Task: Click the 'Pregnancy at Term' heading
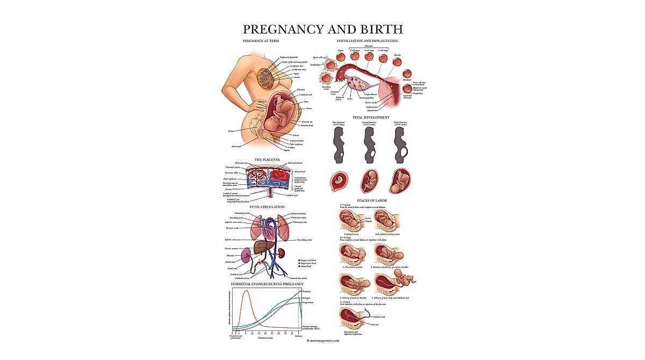[261, 41]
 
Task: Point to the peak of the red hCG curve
[246, 291]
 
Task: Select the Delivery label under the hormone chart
[298, 336]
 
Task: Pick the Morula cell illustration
[397, 62]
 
